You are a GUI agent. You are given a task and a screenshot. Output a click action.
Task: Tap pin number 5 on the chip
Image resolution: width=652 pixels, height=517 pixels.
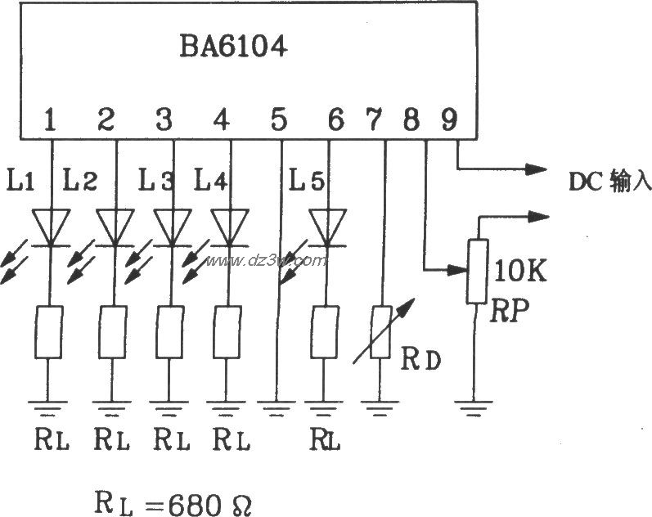point(279,120)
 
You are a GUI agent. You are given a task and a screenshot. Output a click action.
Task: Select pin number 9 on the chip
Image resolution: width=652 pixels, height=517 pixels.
point(449,120)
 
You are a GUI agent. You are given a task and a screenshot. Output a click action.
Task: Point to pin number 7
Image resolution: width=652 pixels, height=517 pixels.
point(373,120)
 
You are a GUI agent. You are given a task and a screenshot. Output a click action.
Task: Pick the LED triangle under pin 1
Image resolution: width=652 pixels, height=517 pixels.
point(50,227)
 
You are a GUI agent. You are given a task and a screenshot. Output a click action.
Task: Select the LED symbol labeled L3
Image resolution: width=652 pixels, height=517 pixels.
point(173,227)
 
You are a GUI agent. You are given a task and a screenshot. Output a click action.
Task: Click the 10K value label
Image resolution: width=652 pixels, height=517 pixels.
point(522,271)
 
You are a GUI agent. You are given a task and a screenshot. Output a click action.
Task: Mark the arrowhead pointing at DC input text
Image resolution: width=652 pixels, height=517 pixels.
point(536,169)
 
